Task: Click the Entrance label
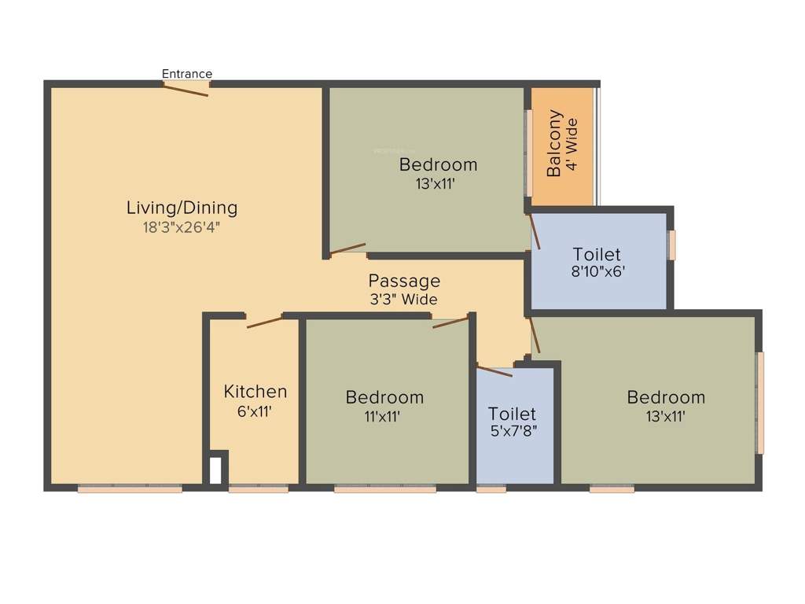pyautogui.click(x=187, y=74)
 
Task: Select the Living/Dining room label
pyautogui.click(x=182, y=208)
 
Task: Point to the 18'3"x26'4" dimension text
pyautogui.click(x=182, y=228)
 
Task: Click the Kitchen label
pyautogui.click(x=255, y=392)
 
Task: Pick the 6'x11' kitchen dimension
pyautogui.click(x=255, y=411)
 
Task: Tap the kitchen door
pyautogui.click(x=264, y=321)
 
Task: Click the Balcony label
pyautogui.click(x=554, y=143)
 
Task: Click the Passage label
pyautogui.click(x=404, y=281)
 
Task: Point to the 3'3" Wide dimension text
pyautogui.click(x=404, y=300)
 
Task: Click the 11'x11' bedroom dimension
pyautogui.click(x=384, y=417)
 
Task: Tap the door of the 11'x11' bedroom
pyautogui.click(x=450, y=322)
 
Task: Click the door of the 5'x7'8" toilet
pyautogui.click(x=494, y=370)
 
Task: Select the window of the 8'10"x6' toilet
pyautogui.click(x=672, y=245)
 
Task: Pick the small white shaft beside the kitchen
pyautogui.click(x=215, y=470)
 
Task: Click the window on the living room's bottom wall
pyautogui.click(x=130, y=488)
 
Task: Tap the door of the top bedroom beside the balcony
pyautogui.click(x=347, y=252)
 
